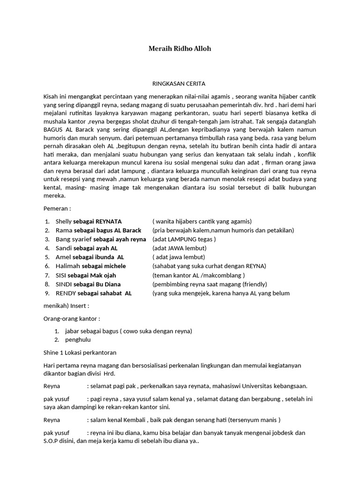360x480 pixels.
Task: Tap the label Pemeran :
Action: pyautogui.click(x=57, y=208)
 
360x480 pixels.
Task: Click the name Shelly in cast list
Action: pyautogui.click(x=64, y=221)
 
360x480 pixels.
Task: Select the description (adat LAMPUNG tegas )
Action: pyautogui.click(x=184, y=239)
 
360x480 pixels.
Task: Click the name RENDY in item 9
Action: pyautogui.click(x=66, y=293)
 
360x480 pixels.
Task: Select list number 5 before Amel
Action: pyautogui.click(x=47, y=257)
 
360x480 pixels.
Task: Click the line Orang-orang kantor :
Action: pyautogui.click(x=71, y=319)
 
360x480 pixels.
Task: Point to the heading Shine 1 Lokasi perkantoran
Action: pyautogui.click(x=80, y=352)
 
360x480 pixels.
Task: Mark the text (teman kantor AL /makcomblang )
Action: pyautogui.click(x=198, y=275)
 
